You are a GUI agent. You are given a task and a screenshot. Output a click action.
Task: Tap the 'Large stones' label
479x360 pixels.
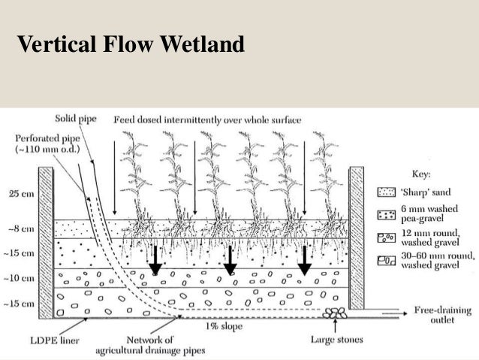pyautogui.click(x=337, y=340)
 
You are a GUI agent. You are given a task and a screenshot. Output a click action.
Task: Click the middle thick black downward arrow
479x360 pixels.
pyautogui.click(x=230, y=259)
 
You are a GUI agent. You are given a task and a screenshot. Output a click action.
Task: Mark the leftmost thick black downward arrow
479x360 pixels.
pyautogui.click(x=155, y=259)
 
